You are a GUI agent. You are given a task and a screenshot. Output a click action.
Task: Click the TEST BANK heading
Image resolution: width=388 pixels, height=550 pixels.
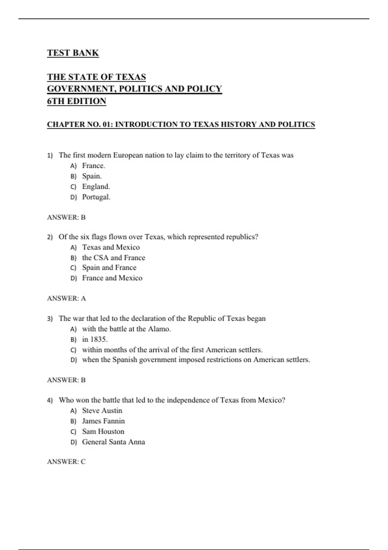coord(73,53)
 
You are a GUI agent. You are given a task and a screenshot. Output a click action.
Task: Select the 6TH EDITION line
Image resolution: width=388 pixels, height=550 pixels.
coord(76,101)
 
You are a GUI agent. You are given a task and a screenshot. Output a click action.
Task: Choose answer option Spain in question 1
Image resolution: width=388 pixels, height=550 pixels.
coord(92,176)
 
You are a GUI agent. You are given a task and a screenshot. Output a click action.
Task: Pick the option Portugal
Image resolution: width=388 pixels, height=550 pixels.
coord(96,197)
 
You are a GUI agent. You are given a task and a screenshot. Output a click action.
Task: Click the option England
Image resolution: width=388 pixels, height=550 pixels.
coord(96,186)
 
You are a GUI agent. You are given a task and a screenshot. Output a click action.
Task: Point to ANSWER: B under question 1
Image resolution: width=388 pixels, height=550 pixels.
coord(66,217)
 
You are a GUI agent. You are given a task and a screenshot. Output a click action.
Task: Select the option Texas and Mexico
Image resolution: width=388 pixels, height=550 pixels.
coord(111,247)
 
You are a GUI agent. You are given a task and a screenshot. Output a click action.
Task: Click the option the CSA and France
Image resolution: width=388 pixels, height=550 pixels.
coord(113,258)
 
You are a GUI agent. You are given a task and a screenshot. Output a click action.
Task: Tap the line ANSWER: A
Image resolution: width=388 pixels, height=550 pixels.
coord(66,298)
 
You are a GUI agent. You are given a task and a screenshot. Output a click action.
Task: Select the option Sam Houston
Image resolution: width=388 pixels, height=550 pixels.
coord(103,431)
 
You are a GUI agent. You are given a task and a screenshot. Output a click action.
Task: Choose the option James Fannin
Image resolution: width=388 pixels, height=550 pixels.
coord(103,421)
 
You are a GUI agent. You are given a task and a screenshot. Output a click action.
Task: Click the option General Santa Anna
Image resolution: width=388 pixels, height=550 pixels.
coord(113,442)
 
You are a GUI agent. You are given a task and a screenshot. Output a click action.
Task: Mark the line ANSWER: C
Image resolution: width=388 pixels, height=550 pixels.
coord(66,462)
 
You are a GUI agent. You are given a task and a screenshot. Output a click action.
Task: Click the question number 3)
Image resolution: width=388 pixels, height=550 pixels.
coord(50,319)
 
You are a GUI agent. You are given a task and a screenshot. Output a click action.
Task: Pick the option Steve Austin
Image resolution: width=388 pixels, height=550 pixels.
coord(102,411)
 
